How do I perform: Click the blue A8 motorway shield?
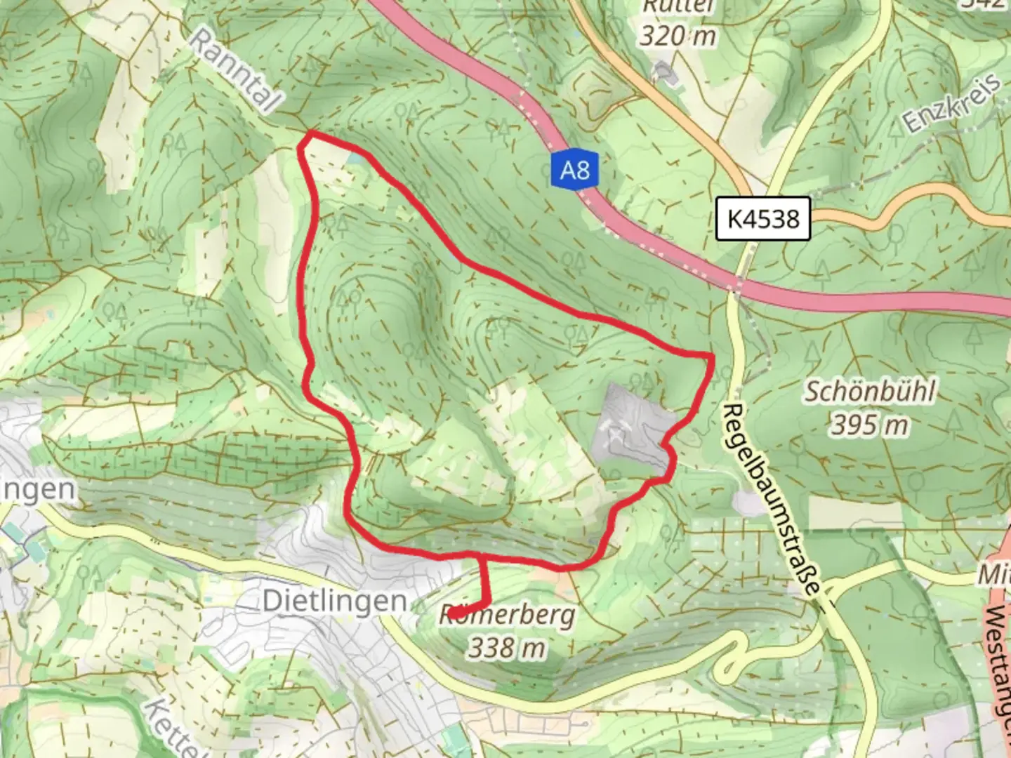tap(574, 169)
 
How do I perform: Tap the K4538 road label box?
tap(763, 218)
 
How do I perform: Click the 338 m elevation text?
tap(507, 647)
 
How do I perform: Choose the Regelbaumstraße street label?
tap(772, 498)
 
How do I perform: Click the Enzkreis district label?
tap(952, 104)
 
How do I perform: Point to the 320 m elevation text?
tap(678, 35)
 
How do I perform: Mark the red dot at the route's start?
tap(454, 613)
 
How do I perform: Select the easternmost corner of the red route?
tap(712, 357)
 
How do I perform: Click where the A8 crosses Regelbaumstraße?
tap(734, 285)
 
